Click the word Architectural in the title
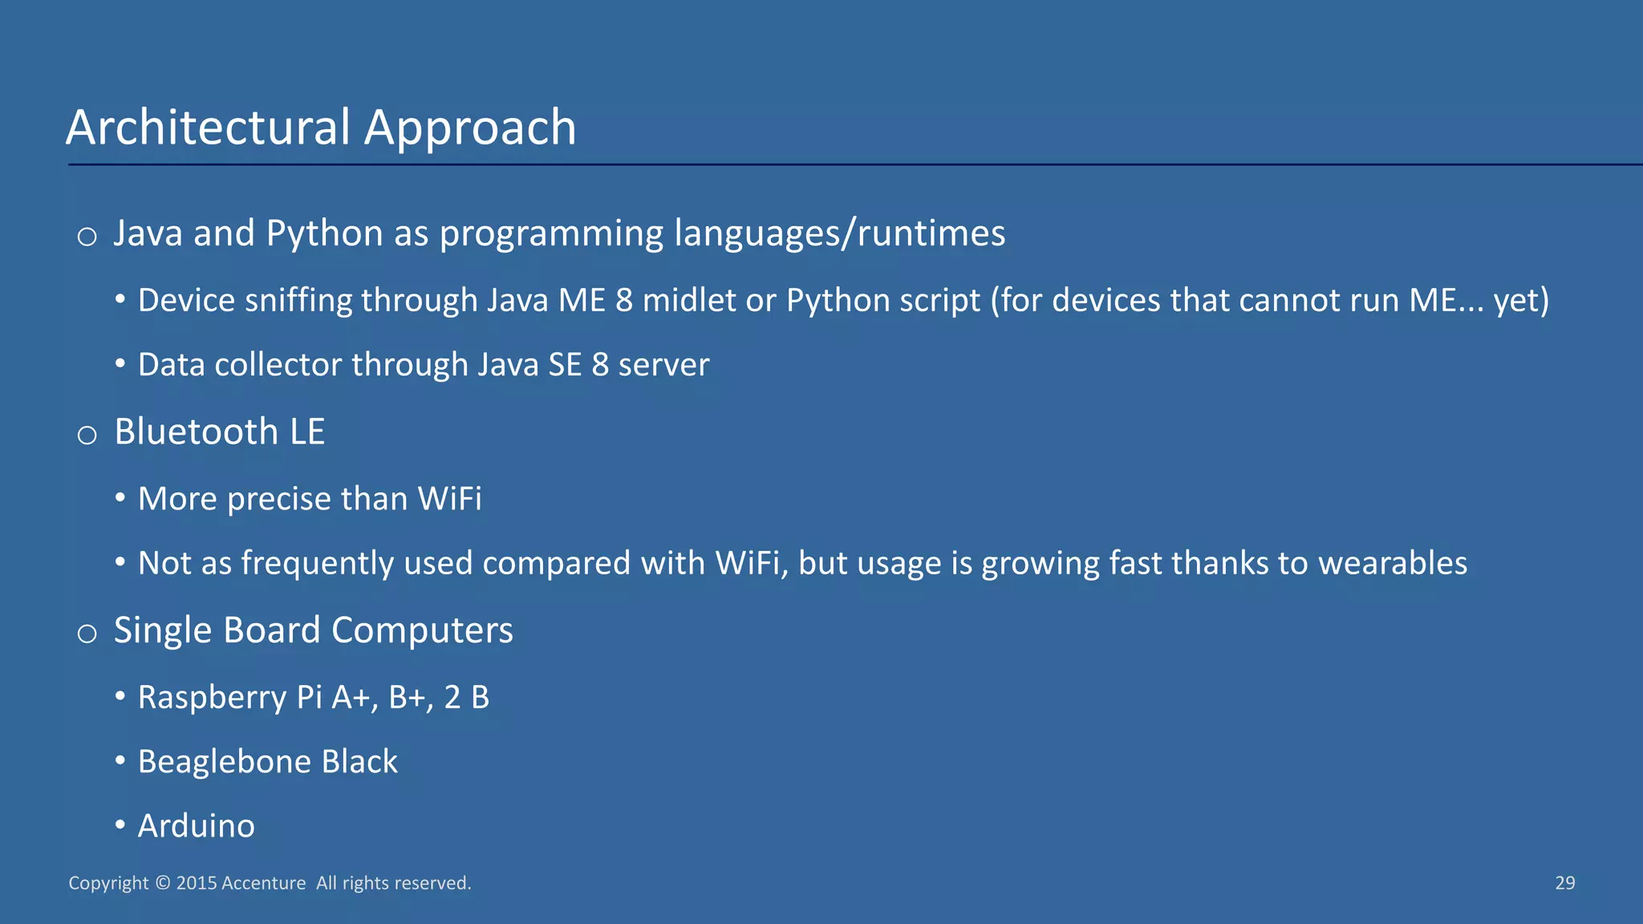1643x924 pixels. click(209, 128)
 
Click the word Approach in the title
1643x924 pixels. click(470, 128)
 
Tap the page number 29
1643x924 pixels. click(1564, 883)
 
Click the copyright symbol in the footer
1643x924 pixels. click(162, 883)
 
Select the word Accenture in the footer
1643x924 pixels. click(263, 883)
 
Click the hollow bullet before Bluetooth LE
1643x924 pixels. click(87, 436)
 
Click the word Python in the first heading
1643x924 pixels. click(324, 233)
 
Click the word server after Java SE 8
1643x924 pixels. click(663, 365)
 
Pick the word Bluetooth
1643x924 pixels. click(196, 432)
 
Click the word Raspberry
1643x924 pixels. click(212, 697)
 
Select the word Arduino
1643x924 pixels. click(196, 825)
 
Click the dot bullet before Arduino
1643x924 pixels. click(120, 825)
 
